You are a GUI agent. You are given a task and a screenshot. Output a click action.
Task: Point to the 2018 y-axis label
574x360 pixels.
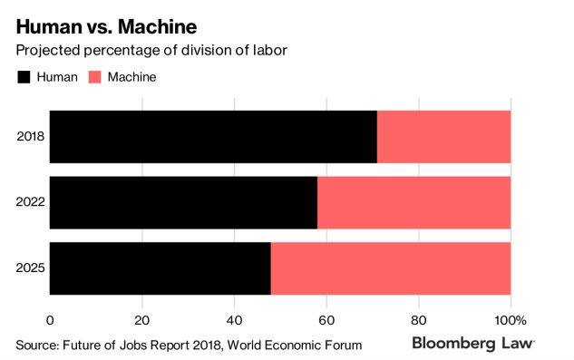click(x=31, y=138)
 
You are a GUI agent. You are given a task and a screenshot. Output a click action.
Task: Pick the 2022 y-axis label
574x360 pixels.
click(x=31, y=203)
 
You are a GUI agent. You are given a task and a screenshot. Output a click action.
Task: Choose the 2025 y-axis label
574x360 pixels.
click(x=31, y=268)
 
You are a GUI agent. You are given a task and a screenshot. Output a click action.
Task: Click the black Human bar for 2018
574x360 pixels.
click(x=213, y=138)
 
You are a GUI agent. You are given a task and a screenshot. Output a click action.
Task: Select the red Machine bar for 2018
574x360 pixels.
click(x=443, y=138)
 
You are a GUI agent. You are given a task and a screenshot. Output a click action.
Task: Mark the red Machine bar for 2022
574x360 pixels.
click(x=413, y=203)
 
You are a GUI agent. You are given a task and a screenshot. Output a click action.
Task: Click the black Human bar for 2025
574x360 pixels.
click(x=160, y=268)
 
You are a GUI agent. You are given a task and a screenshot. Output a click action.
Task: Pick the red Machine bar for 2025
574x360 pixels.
click(x=390, y=268)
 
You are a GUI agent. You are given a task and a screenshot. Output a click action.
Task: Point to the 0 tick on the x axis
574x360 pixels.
click(x=50, y=319)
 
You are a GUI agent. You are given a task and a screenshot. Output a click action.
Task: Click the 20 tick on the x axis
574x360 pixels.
click(x=141, y=319)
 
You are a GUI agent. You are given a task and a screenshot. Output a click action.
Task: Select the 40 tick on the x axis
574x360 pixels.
click(x=234, y=319)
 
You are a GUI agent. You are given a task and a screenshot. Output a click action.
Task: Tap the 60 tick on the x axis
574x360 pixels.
click(x=326, y=319)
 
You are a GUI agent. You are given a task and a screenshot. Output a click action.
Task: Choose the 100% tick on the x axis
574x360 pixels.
click(x=510, y=319)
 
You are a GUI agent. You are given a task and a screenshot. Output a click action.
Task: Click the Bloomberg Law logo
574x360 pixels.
click(x=472, y=344)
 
